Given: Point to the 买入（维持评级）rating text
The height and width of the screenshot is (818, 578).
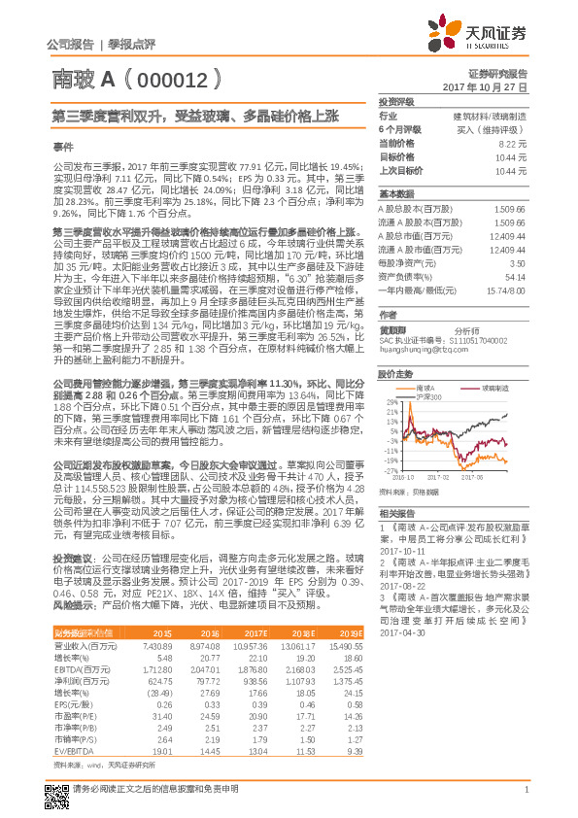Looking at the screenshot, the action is click(x=497, y=129).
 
